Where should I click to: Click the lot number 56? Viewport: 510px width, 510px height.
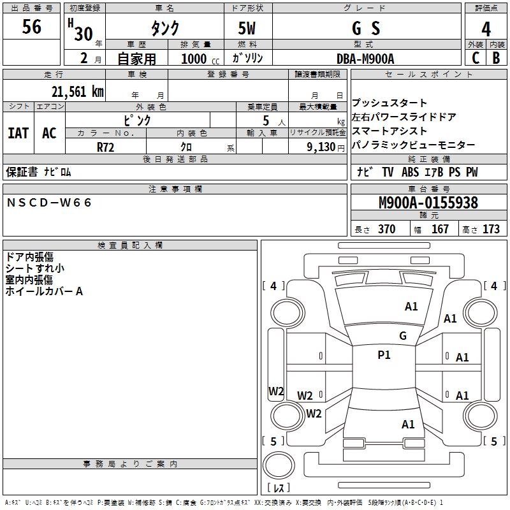pyautogui.click(x=31, y=26)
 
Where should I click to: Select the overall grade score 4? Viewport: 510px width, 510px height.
pyautogui.click(x=486, y=29)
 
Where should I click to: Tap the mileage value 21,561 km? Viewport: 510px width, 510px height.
pyautogui.click(x=78, y=92)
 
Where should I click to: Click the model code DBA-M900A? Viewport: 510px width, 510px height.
pyautogui.click(x=365, y=59)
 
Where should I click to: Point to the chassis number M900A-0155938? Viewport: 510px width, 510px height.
pyautogui.click(x=428, y=203)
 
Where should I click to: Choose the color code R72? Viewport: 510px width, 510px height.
pyautogui.click(x=105, y=147)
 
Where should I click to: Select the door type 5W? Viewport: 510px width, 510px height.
pyautogui.click(x=247, y=28)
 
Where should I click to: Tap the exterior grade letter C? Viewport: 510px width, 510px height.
pyautogui.click(x=476, y=58)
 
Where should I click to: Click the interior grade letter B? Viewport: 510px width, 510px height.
pyautogui.click(x=497, y=58)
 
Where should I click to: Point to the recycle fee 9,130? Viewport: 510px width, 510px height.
pyautogui.click(x=321, y=147)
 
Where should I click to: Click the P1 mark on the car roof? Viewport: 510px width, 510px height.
pyautogui.click(x=384, y=355)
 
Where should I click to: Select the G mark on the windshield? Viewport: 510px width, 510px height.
pyautogui.click(x=403, y=336)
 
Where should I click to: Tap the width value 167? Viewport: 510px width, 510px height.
pyautogui.click(x=440, y=229)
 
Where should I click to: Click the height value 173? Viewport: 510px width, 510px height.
pyautogui.click(x=491, y=229)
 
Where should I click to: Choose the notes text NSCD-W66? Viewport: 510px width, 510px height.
pyautogui.click(x=49, y=203)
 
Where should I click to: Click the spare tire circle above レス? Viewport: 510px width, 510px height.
pyautogui.click(x=279, y=465)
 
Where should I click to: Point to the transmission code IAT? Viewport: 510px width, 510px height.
pyautogui.click(x=18, y=133)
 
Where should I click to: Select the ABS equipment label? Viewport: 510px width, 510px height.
pyautogui.click(x=410, y=172)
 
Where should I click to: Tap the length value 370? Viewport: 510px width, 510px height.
pyautogui.click(x=387, y=229)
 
